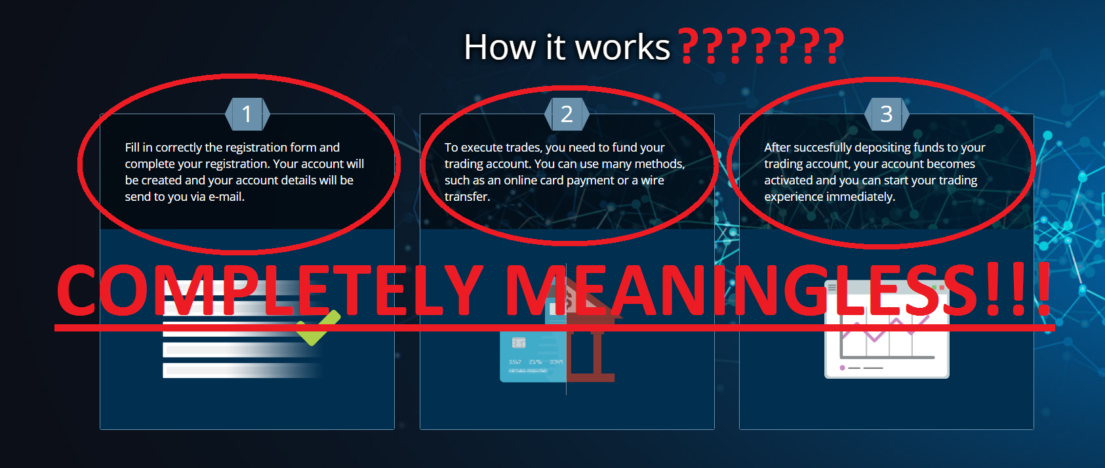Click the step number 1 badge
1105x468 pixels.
pos(247,114)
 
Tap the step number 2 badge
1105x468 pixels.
pos(567,114)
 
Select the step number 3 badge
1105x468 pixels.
pos(887,114)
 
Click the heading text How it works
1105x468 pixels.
pos(567,47)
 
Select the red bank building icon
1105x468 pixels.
pos(591,341)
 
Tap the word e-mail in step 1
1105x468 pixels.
pos(226,197)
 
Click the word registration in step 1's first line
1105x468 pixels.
pos(256,148)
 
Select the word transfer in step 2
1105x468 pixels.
pos(467,197)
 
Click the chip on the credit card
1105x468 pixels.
pos(519,343)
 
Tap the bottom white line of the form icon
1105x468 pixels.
pos(242,370)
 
